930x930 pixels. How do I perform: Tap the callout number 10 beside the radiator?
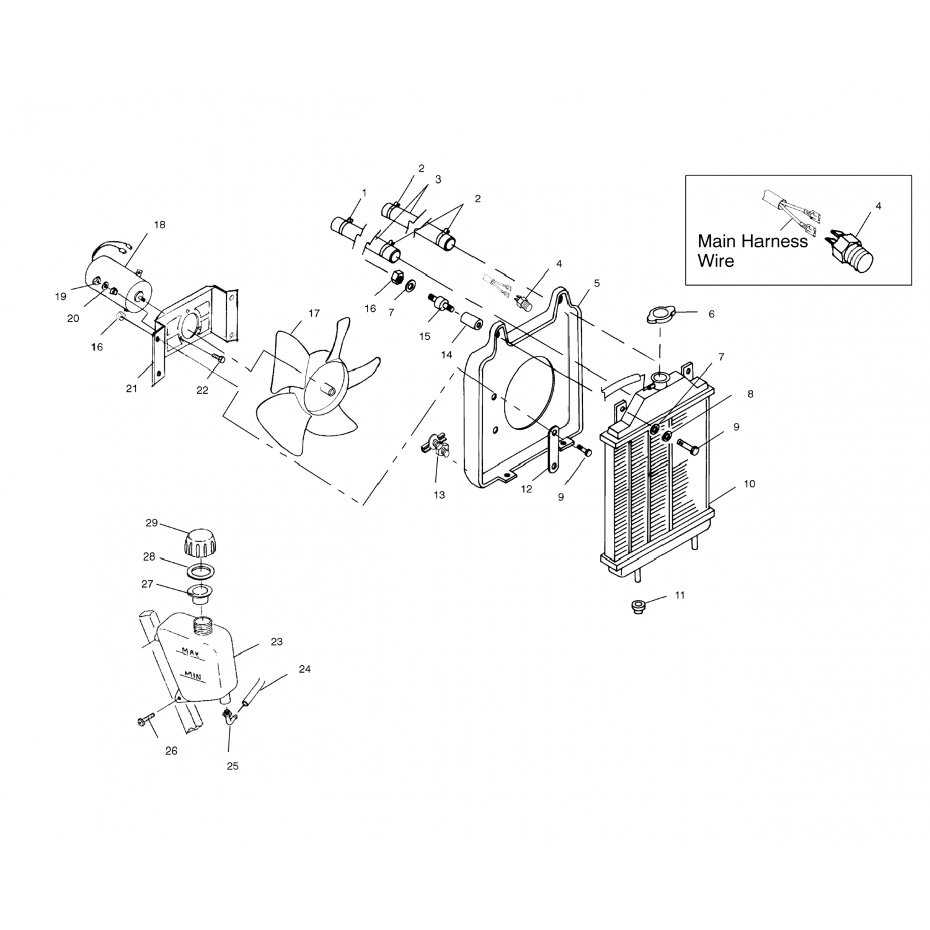[x=749, y=484]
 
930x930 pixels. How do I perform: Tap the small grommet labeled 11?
[x=636, y=605]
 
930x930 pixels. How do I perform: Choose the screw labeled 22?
[x=218, y=358]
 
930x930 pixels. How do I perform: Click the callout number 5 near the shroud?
[x=596, y=283]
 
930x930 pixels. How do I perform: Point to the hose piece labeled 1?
[x=348, y=226]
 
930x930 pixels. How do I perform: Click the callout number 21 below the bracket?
[x=131, y=389]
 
